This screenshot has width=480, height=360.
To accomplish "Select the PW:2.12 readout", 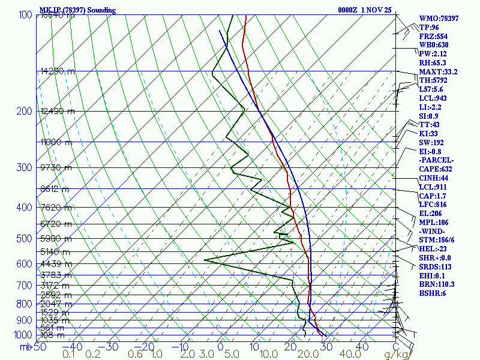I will pos(433,54).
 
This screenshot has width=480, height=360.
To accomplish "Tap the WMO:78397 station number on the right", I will pos(439,19).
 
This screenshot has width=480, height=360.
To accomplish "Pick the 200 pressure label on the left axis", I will pos(23,112).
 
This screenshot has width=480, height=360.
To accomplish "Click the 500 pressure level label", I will pos(23,239).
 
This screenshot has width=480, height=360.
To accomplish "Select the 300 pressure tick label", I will pos(23,167).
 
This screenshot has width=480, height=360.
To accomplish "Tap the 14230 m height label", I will pos(58,71).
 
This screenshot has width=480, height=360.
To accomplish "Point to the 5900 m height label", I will pos(55,239).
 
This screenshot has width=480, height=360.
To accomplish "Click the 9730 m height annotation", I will pos(55,167).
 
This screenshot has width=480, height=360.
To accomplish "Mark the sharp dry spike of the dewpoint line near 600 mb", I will pos(205,260).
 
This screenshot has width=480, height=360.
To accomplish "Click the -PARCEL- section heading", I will pos(436,160).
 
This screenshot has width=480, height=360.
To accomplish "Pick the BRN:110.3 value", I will pos(437,284).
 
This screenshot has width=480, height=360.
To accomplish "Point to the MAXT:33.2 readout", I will pos(438,72).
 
